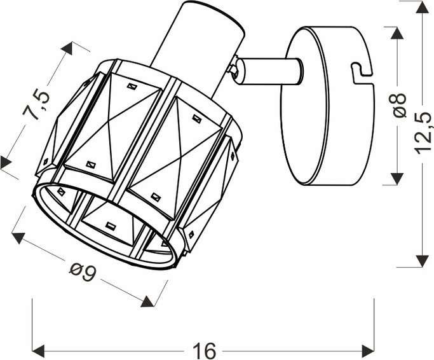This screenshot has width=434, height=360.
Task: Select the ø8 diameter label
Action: coord(400,106)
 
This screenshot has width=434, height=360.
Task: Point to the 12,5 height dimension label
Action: coord(422,133)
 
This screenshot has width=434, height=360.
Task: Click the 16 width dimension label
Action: coord(203,350)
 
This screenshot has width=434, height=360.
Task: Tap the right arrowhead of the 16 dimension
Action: coord(368,349)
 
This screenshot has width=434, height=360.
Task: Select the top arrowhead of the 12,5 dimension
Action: coord(422,9)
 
